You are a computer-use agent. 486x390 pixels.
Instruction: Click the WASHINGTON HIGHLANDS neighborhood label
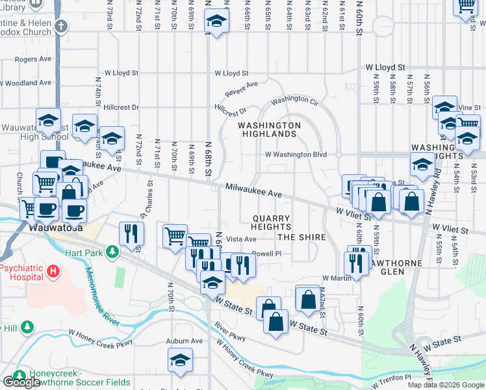(269, 129)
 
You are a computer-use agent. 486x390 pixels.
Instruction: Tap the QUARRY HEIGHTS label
(271, 222)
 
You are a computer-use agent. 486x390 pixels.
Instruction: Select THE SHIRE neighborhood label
(302, 237)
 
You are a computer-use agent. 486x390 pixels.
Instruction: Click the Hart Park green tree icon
(112, 251)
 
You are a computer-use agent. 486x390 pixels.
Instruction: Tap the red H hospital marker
(53, 270)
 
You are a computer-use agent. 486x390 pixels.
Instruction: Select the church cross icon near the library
(61, 27)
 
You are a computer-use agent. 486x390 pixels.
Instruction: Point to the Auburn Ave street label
(185, 341)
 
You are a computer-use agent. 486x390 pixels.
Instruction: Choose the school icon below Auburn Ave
(181, 359)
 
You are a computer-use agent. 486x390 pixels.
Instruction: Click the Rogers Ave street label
(32, 59)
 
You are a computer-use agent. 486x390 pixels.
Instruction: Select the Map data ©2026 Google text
(446, 385)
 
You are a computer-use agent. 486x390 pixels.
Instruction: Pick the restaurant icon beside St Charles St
(131, 234)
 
